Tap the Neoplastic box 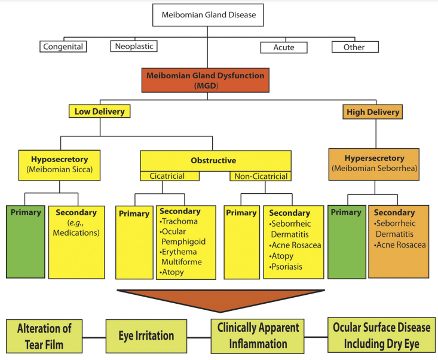(133, 46)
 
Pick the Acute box (283, 46)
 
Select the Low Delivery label (99, 111)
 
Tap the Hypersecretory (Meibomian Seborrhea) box (375, 163)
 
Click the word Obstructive (213, 161)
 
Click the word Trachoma (179, 222)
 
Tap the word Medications (76, 233)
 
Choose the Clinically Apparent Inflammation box (258, 335)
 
